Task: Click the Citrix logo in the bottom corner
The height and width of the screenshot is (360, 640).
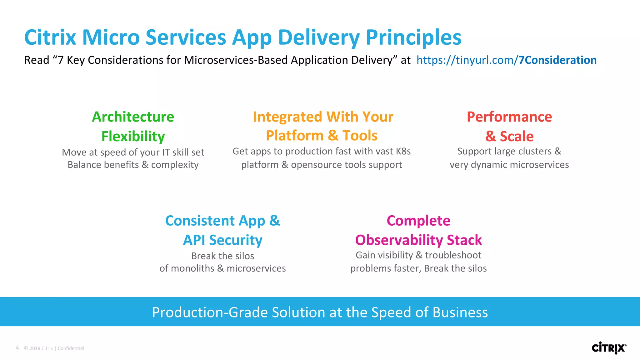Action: pos(609,348)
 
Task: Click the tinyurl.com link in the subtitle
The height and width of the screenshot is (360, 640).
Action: pos(506,60)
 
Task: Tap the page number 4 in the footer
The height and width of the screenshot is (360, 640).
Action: pos(17,348)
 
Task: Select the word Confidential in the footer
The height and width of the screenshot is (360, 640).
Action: pos(71,348)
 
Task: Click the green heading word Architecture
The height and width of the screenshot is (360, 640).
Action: pos(133,117)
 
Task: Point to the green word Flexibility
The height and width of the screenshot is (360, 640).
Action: pos(133,137)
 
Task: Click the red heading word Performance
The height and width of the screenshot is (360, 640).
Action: pos(509,117)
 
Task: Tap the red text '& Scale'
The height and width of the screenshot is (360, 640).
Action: pos(509,137)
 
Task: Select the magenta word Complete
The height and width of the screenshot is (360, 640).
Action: pos(418,221)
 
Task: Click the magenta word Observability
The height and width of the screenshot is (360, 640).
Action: pos(399,240)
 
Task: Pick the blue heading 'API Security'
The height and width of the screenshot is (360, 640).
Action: pos(222,240)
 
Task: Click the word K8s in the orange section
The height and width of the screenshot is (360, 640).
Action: pos(403,151)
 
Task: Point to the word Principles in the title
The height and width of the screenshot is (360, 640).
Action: pos(413,37)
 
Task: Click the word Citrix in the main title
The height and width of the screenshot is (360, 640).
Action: pos(50,37)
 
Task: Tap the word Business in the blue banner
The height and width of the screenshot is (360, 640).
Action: pos(460,312)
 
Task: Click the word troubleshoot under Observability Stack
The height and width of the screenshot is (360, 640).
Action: pos(453,255)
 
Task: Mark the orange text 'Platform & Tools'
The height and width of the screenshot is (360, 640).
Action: pos(322,136)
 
